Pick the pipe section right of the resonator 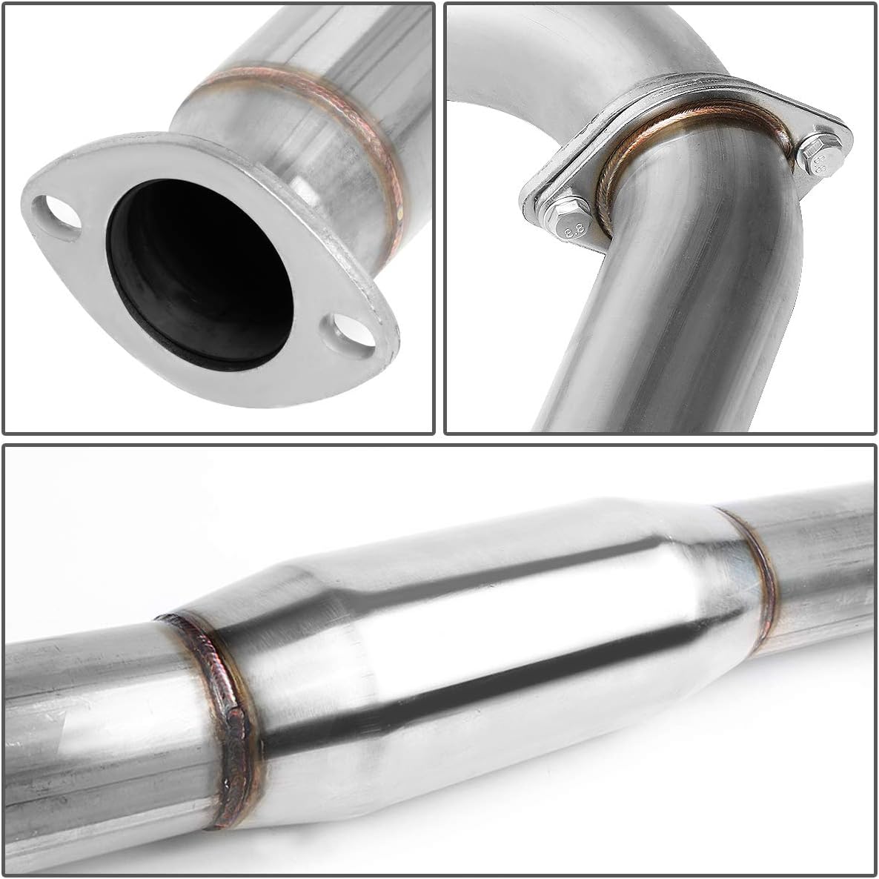pos(823,548)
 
